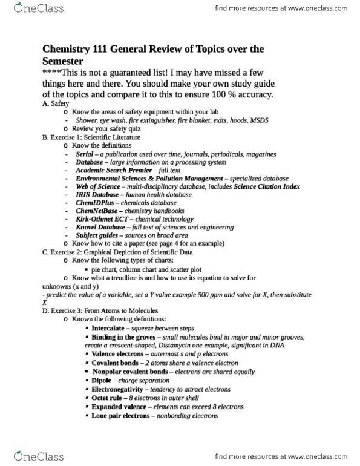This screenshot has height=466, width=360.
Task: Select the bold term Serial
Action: [x=85, y=154]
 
